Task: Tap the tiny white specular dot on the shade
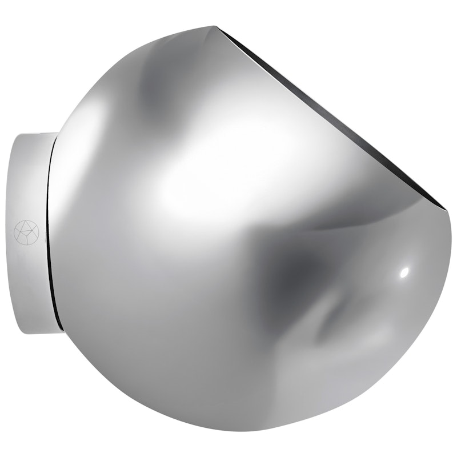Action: pyautogui.click(x=404, y=272)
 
